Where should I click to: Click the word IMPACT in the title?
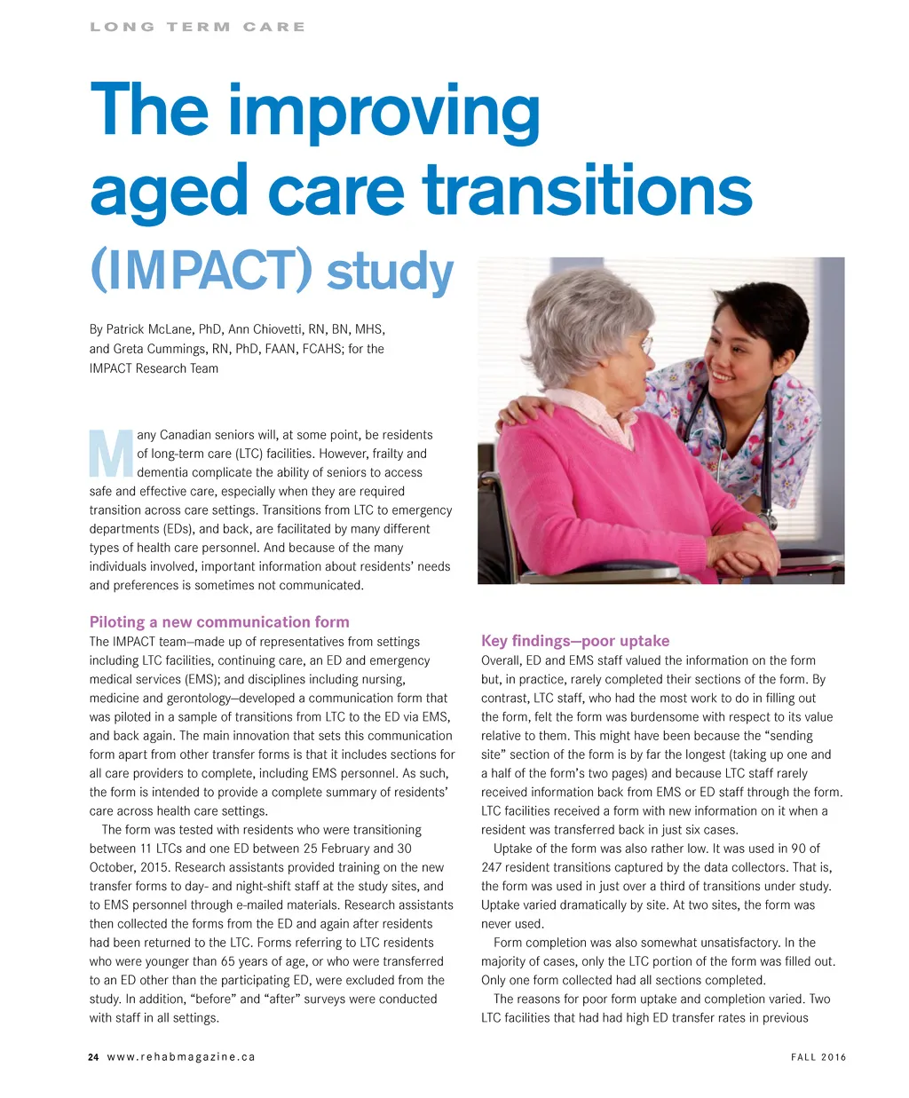(202, 272)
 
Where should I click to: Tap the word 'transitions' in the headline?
(587, 192)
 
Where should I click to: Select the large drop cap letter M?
(111, 454)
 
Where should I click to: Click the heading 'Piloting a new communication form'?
(219, 622)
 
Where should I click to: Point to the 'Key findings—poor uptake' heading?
(575, 641)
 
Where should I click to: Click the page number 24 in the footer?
(93, 1057)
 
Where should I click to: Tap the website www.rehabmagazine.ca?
(181, 1057)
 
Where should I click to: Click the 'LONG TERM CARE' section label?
(197, 28)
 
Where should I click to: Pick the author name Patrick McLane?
(150, 329)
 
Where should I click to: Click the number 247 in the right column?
(494, 867)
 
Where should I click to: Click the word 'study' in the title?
(390, 272)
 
